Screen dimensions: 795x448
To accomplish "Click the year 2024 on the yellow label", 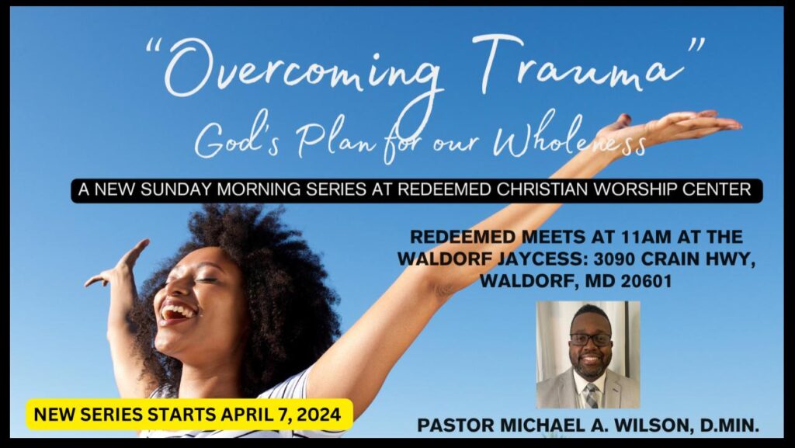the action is point(319,415).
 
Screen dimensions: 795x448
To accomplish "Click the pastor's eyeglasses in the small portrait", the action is point(590,339).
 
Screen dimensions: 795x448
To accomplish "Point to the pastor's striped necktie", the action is point(591,394).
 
